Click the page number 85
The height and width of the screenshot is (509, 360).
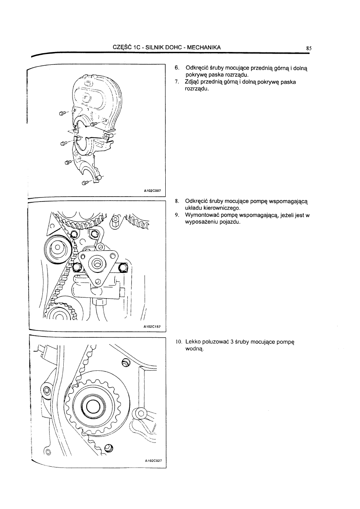[x=309, y=48]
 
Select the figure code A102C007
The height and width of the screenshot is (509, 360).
[x=152, y=191]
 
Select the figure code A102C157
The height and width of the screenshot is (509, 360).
[x=152, y=326]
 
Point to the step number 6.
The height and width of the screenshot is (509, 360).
[x=177, y=69]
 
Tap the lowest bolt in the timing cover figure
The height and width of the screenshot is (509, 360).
[x=85, y=183]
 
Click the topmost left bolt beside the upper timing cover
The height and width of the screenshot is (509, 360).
[x=62, y=113]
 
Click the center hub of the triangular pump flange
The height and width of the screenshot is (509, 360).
[x=97, y=264]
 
